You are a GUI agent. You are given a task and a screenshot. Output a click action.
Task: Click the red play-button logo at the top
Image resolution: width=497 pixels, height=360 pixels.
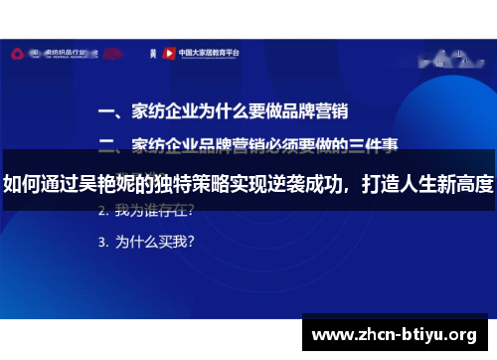click(169, 53)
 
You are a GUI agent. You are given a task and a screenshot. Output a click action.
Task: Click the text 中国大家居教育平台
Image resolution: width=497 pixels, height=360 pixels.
click(205, 53)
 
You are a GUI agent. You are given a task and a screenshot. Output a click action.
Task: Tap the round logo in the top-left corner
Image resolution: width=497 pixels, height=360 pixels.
click(19, 53)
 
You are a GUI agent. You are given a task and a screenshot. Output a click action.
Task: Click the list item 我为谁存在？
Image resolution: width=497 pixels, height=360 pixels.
click(155, 211)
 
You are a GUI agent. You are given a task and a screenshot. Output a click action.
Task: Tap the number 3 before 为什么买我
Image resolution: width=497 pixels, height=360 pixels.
click(102, 241)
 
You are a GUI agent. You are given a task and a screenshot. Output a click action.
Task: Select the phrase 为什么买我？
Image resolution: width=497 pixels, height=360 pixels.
click(155, 241)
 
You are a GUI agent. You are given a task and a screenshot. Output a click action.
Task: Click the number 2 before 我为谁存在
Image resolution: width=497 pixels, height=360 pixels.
click(102, 211)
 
